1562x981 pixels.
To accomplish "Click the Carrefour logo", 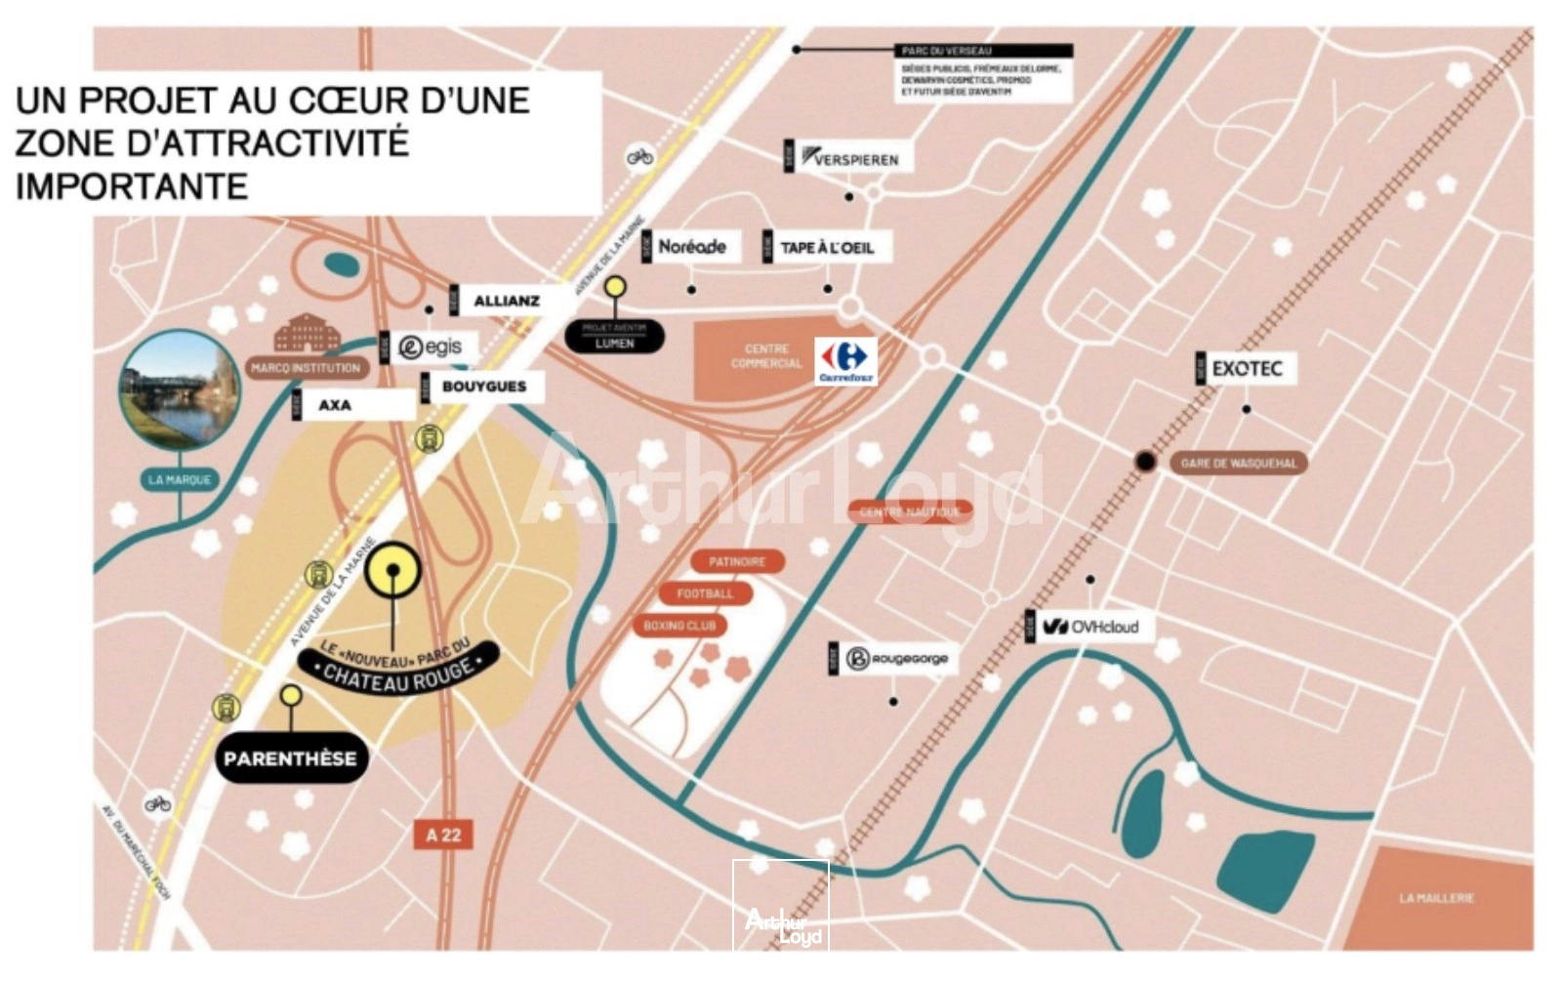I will [x=845, y=361].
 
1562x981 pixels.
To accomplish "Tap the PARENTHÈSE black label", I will [x=291, y=758].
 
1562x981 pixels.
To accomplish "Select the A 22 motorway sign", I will [x=443, y=835].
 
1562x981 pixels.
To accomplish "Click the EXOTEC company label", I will [x=1247, y=369].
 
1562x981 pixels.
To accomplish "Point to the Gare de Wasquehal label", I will [x=1238, y=463].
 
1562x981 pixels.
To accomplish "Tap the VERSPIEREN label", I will [x=849, y=158].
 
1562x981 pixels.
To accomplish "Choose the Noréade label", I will [x=691, y=247].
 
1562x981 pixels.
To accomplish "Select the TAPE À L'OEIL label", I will [x=826, y=248].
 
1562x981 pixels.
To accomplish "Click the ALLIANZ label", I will [x=506, y=301].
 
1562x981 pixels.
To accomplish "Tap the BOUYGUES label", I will [x=483, y=387].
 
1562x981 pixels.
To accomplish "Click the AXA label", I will [x=334, y=405].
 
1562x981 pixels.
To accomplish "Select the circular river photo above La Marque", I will [x=180, y=388].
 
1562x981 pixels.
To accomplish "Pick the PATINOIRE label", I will [x=737, y=561].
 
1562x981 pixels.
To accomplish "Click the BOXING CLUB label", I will [x=679, y=626].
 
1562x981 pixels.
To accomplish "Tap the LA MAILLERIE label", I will [x=1436, y=897].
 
